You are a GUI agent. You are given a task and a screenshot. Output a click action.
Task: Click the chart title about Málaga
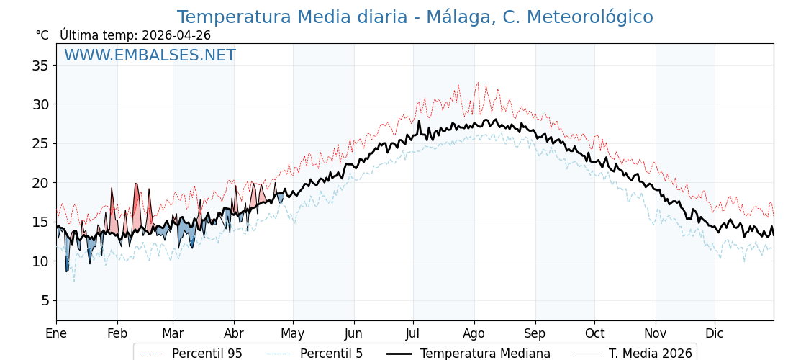415,17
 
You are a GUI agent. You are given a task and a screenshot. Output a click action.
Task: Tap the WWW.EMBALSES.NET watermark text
150,55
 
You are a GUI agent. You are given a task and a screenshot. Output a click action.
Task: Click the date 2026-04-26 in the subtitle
176,35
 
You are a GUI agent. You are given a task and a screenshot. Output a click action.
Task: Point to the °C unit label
42,35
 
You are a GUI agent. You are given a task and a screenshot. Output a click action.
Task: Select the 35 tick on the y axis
40,66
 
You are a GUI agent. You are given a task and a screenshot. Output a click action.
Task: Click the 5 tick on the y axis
44,300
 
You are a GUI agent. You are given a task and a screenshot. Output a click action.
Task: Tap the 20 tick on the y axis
40,183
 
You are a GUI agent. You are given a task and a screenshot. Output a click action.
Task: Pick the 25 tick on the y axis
40,143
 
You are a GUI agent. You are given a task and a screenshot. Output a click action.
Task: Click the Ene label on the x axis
56,333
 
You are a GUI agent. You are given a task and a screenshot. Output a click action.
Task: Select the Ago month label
474,333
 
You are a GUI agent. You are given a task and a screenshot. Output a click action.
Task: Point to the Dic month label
715,333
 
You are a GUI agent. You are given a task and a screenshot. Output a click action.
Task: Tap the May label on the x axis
293,333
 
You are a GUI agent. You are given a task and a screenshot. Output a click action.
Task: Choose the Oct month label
594,333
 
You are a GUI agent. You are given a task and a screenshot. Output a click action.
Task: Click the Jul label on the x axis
413,333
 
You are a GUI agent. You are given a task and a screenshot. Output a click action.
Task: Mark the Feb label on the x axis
117,333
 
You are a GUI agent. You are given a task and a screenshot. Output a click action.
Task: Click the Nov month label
656,333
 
